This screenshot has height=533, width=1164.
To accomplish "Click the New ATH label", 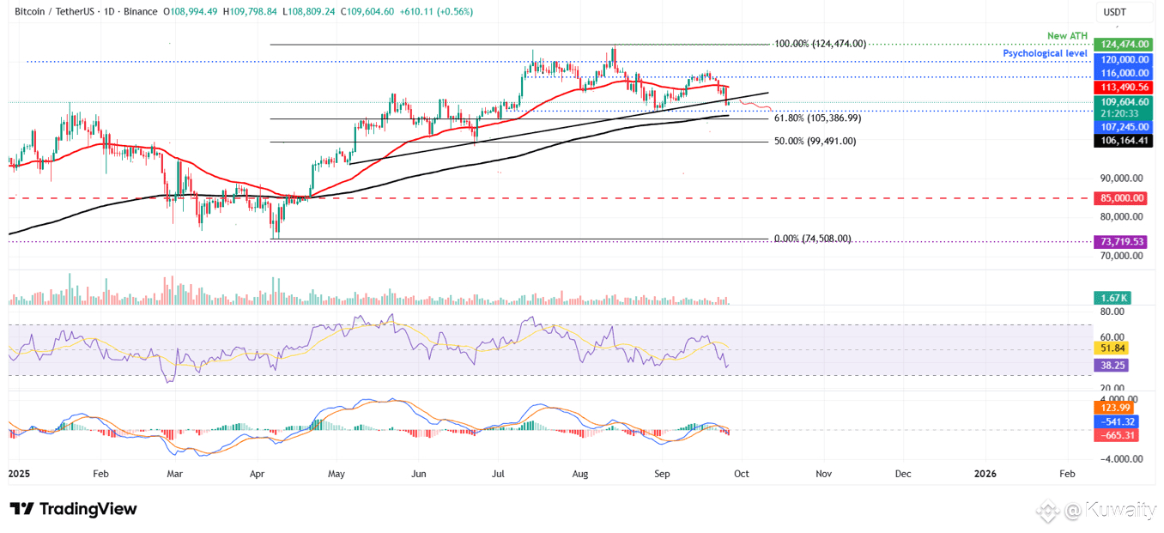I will pos(1067,36).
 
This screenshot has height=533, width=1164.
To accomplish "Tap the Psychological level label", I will pos(1045,53).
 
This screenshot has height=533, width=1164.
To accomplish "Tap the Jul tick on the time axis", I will pos(498,473).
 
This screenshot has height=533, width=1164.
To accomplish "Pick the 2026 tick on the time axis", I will pos(985,473).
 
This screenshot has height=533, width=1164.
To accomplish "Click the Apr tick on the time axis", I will pos(257,473).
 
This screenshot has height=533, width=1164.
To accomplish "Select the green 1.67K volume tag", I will pos(1113,298).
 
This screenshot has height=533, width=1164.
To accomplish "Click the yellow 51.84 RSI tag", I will pos(1113,348).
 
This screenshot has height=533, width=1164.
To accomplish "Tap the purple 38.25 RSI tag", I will pos(1113,365).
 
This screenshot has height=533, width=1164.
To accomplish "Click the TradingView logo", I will pos(74,509).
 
